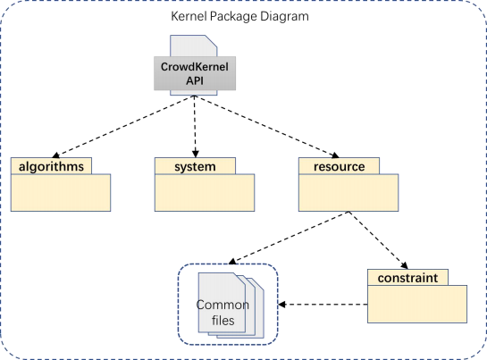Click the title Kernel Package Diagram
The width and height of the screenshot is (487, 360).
pos(239,16)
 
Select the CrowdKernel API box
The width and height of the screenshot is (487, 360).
pos(195,73)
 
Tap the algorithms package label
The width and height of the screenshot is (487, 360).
pos(51,166)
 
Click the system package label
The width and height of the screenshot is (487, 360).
pos(195,167)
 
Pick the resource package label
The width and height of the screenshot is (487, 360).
pos(340,167)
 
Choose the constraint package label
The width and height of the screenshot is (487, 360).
pos(407,278)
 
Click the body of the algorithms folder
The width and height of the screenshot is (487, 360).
pos(61,193)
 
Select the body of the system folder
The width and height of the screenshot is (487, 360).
pos(205,193)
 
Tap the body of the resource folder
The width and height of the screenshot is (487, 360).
pos(348,193)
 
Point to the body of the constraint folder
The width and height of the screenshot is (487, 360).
pos(417,304)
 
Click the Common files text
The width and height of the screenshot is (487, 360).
pos(223,313)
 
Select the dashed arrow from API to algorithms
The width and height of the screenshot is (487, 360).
pos(123,127)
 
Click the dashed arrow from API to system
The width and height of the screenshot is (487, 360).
pos(195,127)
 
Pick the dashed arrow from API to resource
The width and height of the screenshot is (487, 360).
pos(267,127)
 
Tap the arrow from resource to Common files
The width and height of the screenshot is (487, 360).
pos(289,238)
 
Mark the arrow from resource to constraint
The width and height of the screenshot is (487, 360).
pos(378,240)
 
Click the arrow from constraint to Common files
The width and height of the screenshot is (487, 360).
pos(323,305)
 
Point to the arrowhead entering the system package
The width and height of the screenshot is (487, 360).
pos(195,154)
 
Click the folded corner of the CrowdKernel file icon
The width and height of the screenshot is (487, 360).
pos(211,41)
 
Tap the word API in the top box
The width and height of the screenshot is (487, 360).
pos(195,80)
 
